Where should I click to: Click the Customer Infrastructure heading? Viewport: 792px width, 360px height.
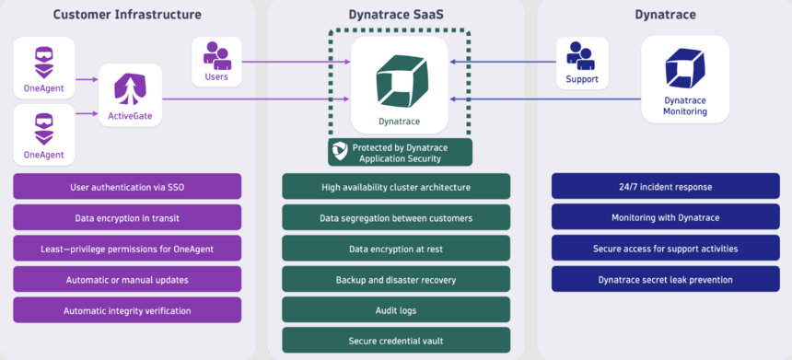[x=127, y=15]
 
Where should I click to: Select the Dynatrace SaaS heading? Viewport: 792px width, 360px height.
[x=396, y=15]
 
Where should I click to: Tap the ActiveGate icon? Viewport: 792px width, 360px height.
[x=130, y=89]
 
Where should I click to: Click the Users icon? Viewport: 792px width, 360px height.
[x=216, y=54]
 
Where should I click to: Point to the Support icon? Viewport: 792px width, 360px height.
[x=581, y=54]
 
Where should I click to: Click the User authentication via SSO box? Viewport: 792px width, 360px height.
[x=127, y=187]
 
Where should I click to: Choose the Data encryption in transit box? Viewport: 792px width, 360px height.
[x=127, y=217]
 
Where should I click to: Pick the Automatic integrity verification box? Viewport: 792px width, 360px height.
[x=127, y=310]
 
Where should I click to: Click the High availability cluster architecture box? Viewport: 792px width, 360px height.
[x=396, y=187]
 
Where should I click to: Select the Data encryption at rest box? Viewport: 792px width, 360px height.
[x=396, y=249]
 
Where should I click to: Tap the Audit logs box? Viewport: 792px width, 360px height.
[x=396, y=310]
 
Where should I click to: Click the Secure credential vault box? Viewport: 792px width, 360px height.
[x=396, y=341]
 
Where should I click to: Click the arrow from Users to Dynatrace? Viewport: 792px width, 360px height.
[x=295, y=63]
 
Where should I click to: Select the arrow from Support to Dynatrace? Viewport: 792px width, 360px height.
[x=502, y=63]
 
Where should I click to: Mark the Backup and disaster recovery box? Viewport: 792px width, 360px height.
[x=396, y=279]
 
